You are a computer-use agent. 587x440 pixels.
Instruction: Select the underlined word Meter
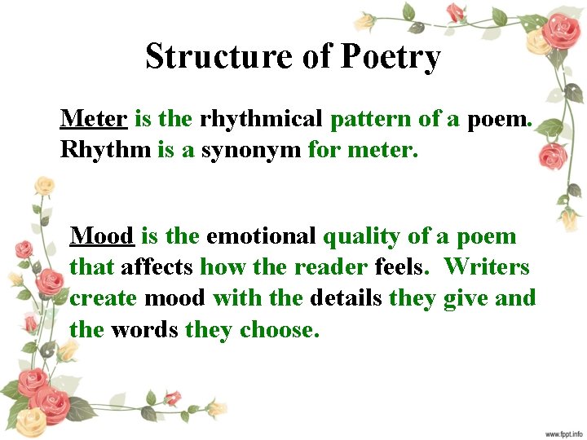93,119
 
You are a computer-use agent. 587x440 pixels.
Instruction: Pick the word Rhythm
105,149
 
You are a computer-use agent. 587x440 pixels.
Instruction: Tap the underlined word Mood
102,236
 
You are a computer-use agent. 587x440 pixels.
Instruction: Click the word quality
362,237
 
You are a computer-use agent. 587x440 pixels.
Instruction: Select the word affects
157,267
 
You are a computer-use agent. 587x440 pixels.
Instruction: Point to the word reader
332,267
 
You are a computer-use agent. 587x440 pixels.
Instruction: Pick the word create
104,298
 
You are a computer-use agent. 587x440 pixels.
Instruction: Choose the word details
346,298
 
